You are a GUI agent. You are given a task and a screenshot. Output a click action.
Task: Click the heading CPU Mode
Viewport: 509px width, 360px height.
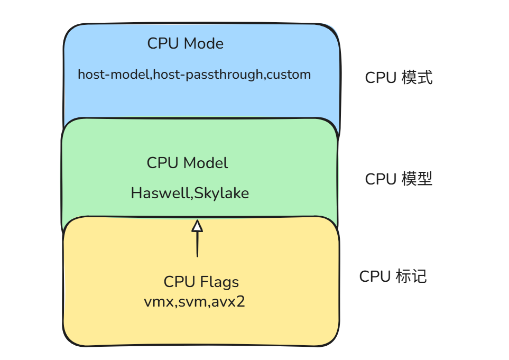[186, 43]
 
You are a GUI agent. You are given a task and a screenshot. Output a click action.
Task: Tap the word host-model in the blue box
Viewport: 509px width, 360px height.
[113, 75]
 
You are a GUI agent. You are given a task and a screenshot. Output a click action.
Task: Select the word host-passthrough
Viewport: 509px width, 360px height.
[208, 75]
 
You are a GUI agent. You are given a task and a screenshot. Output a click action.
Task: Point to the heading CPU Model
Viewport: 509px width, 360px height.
[187, 163]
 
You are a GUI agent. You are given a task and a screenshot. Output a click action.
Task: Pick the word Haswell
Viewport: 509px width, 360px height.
[160, 193]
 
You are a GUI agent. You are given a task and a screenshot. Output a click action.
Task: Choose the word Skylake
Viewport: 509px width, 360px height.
[221, 193]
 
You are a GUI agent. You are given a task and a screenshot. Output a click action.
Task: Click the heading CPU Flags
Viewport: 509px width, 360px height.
[201, 282]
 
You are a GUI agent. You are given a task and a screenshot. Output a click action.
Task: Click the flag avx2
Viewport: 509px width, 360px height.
[228, 302]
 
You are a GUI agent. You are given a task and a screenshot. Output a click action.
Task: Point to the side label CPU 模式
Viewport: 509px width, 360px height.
[399, 78]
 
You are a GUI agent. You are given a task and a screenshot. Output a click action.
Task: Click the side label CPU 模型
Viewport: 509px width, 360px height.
[399, 179]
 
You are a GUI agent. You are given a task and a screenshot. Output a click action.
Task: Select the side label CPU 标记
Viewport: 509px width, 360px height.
[393, 276]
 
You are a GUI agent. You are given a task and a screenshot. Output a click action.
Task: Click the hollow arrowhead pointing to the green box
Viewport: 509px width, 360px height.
[197, 226]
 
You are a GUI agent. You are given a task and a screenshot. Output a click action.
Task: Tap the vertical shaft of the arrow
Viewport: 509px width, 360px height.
[197, 244]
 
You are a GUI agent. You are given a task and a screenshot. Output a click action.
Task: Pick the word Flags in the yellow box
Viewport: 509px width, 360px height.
[219, 282]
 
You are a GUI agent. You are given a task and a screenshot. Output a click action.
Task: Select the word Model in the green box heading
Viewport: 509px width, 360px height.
[206, 163]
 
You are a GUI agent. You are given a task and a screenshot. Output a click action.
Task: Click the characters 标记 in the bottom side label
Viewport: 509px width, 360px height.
[411, 276]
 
